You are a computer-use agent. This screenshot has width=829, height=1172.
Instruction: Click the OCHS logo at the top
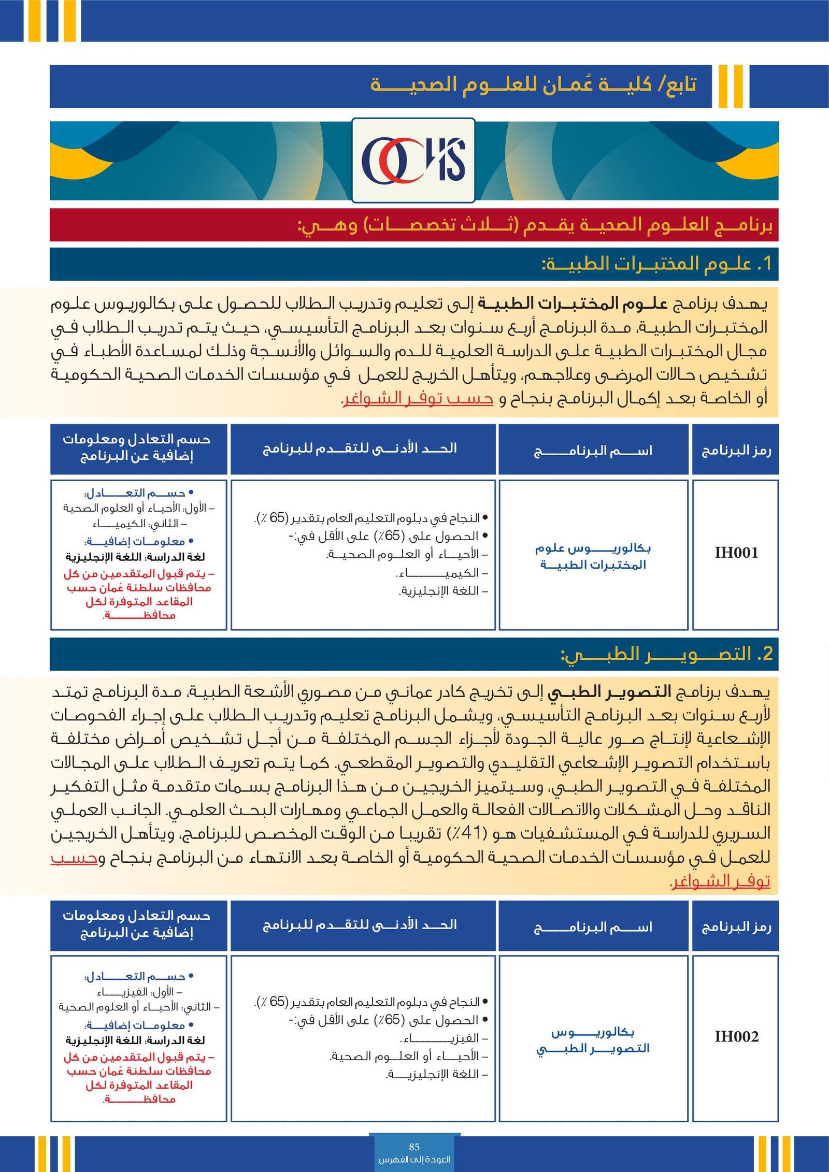[x=413, y=161]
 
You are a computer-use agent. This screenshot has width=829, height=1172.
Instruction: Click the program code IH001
[x=736, y=553]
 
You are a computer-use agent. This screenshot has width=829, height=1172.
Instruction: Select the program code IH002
[x=736, y=1036]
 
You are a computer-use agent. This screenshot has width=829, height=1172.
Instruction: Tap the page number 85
[x=414, y=1147]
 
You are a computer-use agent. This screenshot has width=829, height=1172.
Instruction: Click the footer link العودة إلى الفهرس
[x=414, y=1160]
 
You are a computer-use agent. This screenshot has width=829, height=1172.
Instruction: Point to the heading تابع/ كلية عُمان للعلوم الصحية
[x=533, y=84]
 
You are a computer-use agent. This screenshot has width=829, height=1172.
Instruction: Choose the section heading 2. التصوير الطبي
[x=666, y=654]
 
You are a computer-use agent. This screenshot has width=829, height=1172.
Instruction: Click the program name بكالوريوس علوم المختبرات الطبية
[x=593, y=556]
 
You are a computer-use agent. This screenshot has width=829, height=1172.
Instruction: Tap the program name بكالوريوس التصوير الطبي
[x=593, y=1040]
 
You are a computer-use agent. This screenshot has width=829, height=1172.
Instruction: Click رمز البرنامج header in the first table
[x=736, y=450]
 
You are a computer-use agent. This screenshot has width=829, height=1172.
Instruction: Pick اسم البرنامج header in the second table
[x=593, y=927]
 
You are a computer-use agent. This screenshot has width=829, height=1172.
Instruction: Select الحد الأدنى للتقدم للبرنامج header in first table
[x=360, y=448]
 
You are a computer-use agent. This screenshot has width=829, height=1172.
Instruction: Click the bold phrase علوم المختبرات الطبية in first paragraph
[x=573, y=303]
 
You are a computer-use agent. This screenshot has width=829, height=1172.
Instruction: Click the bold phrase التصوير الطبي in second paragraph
[x=609, y=691]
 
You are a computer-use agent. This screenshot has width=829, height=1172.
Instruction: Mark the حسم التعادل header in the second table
[x=137, y=924]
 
